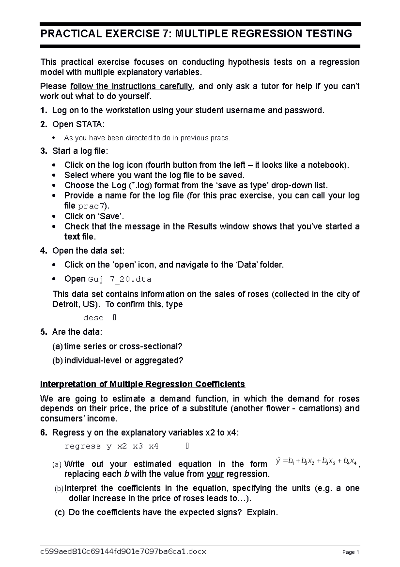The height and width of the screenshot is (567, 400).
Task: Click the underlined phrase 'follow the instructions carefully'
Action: [131, 86]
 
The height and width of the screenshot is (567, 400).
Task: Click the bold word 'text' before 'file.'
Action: [72, 237]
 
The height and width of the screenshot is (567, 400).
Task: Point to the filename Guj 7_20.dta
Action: [120, 279]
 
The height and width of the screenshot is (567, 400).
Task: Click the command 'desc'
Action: [93, 318]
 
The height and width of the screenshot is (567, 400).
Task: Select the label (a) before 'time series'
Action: [57, 346]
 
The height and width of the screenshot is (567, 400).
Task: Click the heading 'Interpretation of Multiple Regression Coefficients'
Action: [142, 384]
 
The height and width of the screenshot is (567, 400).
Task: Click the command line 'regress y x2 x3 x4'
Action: [112, 446]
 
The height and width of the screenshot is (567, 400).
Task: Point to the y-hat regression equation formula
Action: [316, 462]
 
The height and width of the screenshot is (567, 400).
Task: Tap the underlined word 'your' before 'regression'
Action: [215, 474]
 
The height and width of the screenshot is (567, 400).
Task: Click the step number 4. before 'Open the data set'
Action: [44, 251]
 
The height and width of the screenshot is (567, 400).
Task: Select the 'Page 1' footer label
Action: [350, 552]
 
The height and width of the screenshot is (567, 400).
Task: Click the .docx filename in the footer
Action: [123, 552]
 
